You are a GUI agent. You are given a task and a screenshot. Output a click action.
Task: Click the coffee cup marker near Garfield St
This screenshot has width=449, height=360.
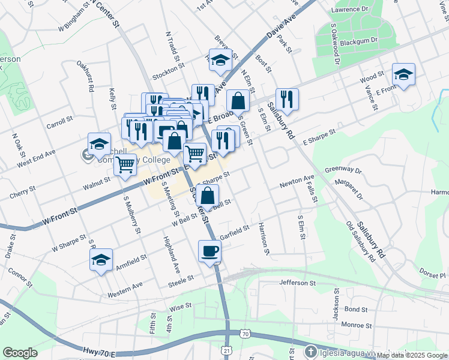point(209,251)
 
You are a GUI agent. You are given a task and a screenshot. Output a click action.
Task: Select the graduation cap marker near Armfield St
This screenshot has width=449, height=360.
point(101,260)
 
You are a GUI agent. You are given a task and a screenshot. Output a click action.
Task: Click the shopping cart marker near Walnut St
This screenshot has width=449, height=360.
point(125,164)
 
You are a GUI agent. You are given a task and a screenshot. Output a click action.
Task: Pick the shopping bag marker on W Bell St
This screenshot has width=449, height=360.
point(207,196)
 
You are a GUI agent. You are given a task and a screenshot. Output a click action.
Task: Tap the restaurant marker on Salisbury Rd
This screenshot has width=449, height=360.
point(287,100)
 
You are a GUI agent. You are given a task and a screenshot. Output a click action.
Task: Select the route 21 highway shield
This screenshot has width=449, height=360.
point(226,349)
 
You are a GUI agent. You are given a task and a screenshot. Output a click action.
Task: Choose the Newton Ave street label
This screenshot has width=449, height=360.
point(297,182)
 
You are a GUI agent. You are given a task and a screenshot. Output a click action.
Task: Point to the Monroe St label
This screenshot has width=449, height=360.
point(356,325)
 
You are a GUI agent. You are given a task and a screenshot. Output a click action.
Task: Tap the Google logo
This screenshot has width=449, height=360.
point(20,353)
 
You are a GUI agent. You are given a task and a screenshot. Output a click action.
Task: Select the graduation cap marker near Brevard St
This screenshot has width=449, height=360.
point(221,60)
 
